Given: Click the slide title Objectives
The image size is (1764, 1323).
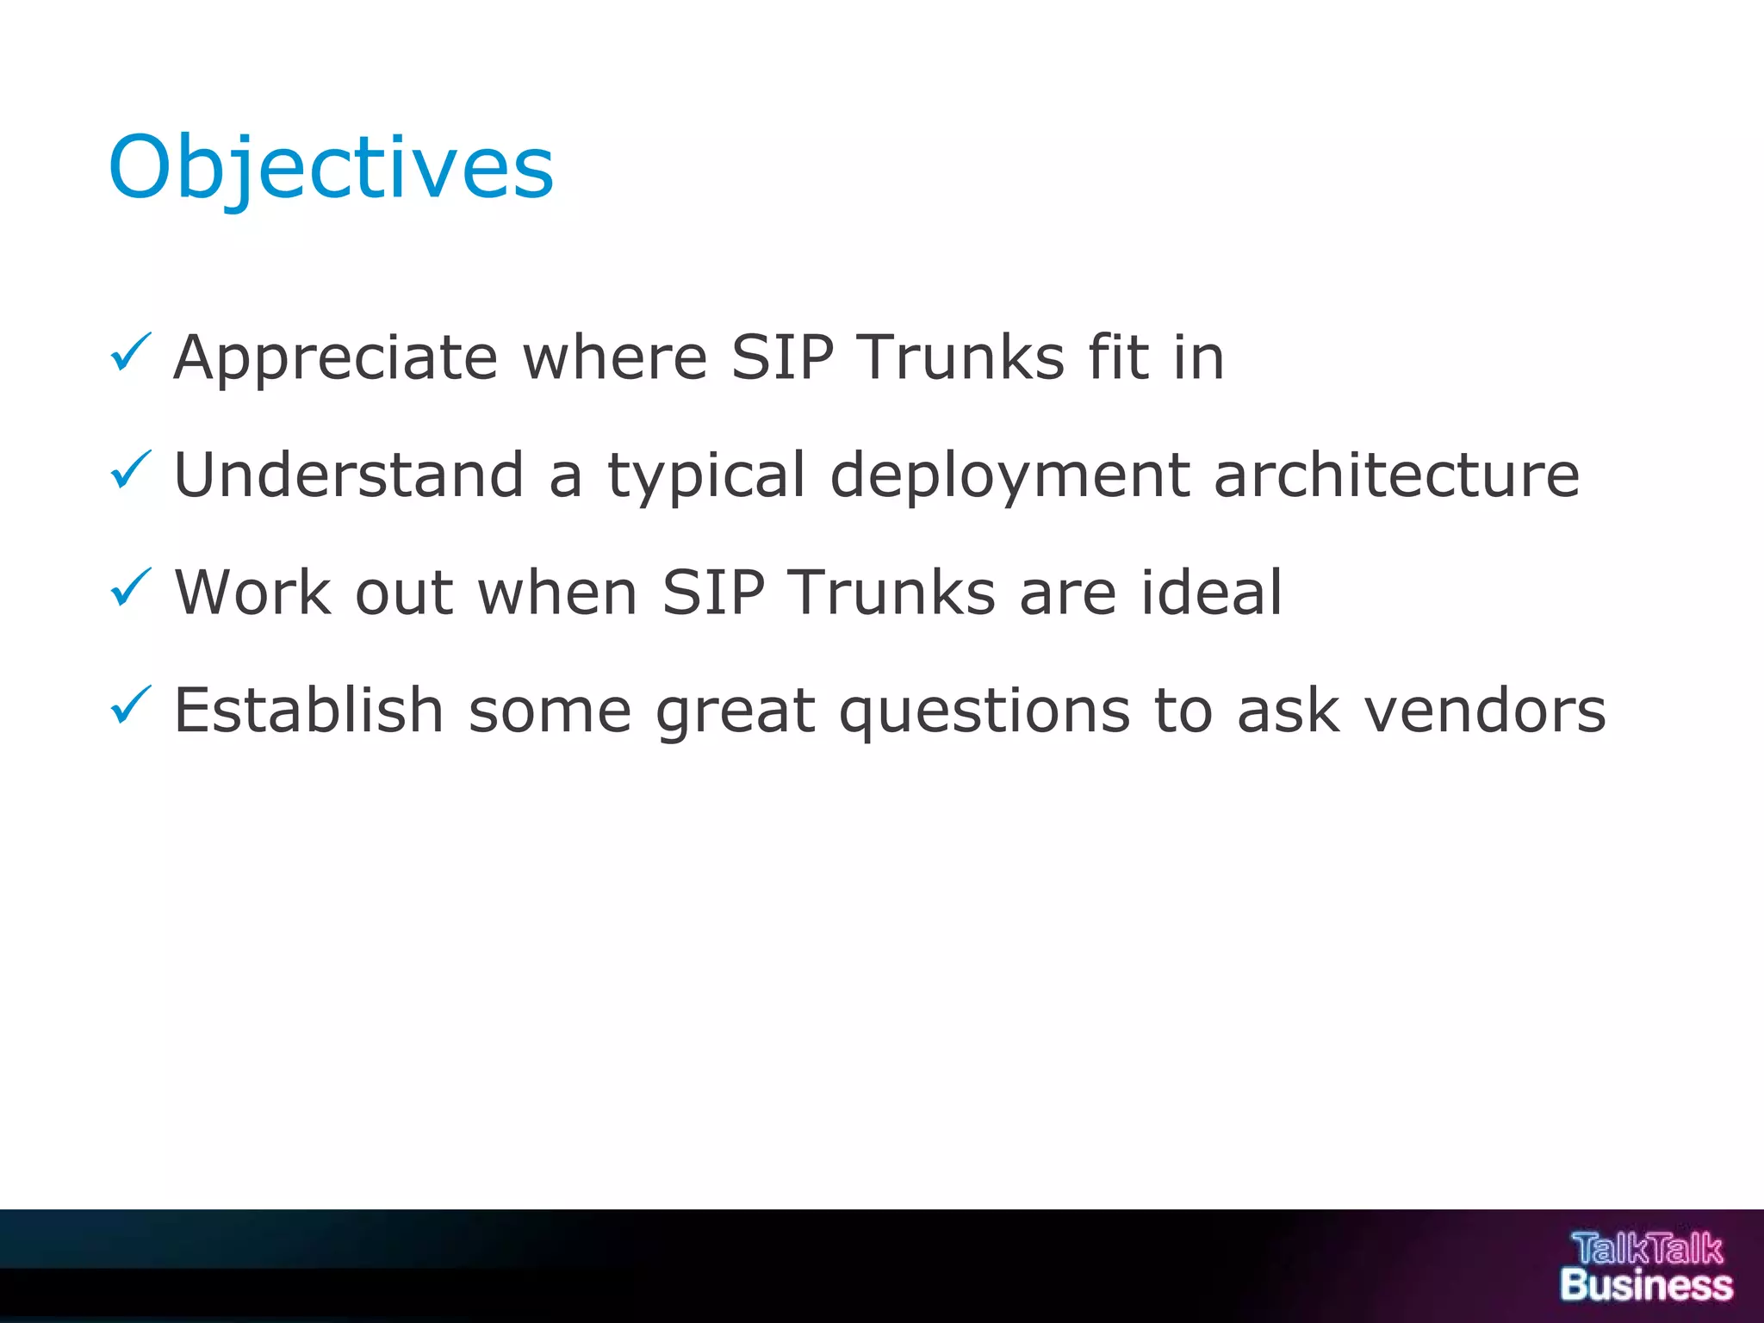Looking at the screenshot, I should [x=331, y=168].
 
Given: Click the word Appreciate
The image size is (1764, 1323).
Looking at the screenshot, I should [x=336, y=358].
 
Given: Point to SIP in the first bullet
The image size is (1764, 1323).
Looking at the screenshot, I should [x=782, y=357].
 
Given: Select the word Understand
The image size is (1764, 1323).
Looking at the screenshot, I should [x=349, y=475].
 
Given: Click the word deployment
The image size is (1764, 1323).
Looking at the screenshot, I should [x=1010, y=476].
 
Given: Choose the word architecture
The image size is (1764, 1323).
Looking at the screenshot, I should [x=1396, y=475].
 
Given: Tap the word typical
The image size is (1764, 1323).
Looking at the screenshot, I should [x=706, y=476].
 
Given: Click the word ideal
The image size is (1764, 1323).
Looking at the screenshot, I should [x=1212, y=593].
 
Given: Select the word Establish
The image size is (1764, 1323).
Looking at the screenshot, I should [x=308, y=711].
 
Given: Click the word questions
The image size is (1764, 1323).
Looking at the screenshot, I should [x=984, y=712].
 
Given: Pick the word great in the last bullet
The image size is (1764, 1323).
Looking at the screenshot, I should [x=735, y=712].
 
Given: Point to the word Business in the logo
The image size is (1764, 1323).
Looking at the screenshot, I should [x=1646, y=1285].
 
